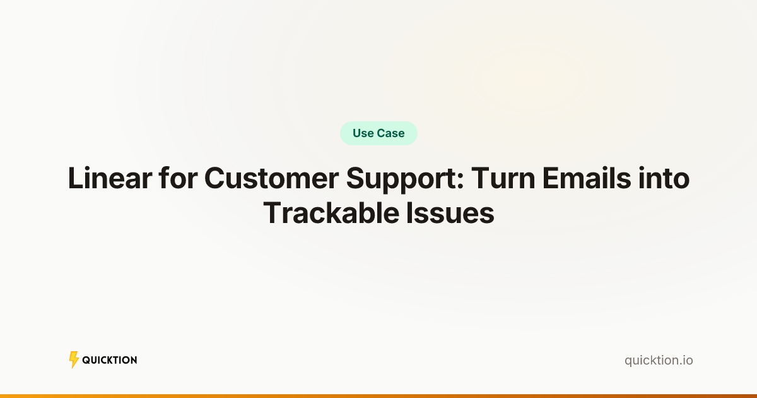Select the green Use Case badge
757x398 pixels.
(x=378, y=133)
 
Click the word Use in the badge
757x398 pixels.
(x=363, y=133)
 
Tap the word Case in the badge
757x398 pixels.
(x=391, y=133)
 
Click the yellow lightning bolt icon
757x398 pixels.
(x=74, y=360)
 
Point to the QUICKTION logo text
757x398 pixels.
(x=110, y=360)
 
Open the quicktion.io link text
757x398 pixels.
(x=659, y=361)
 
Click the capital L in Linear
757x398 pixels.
(x=74, y=179)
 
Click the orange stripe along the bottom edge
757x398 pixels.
(x=378, y=396)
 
